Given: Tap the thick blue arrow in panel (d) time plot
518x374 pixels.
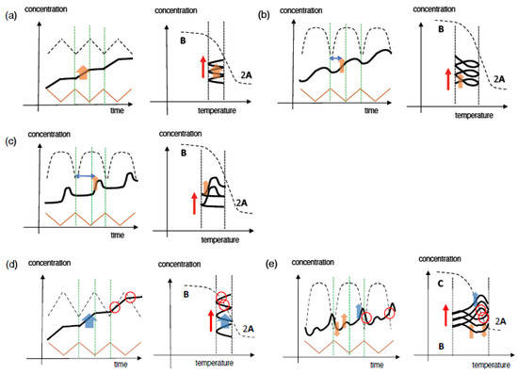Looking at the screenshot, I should [89, 320].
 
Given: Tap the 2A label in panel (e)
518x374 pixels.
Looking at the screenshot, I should [504, 320].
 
